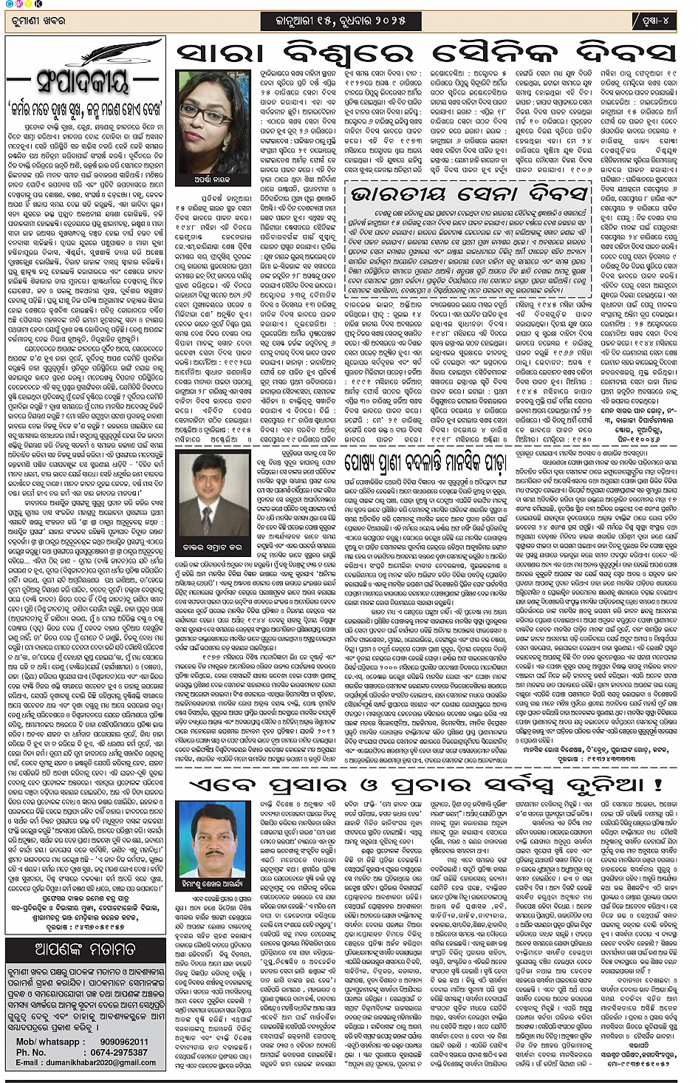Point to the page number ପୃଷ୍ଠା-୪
pyautogui.click(x=655, y=21)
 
